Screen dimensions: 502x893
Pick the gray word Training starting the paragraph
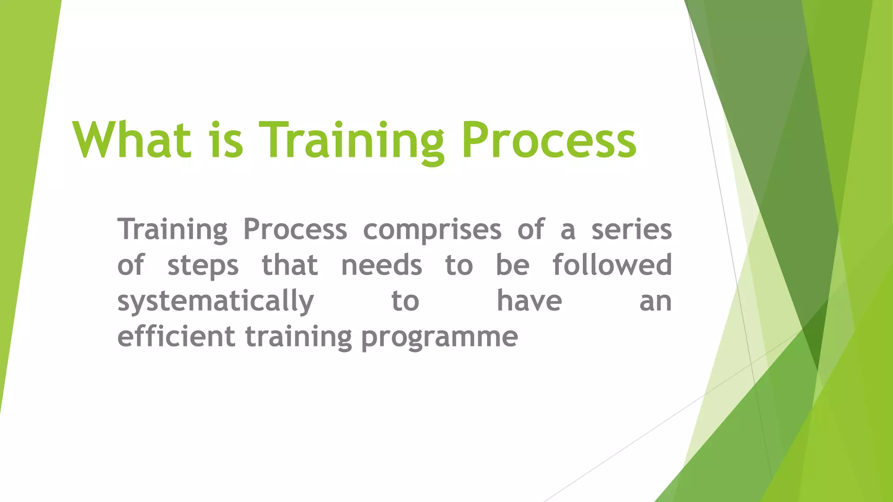pos(172,229)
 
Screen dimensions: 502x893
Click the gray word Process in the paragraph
pos(295,229)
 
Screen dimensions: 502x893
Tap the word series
pos(631,229)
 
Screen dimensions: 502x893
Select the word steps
pos(203,266)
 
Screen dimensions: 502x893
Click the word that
pos(290,265)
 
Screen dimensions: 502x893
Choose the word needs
pos(382,265)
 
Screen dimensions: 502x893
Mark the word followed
pos(612,265)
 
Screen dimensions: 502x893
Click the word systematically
pos(215,302)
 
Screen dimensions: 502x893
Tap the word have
pos(529,301)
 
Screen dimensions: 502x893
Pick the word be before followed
pos(513,265)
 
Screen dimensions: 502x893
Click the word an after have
pos(655,302)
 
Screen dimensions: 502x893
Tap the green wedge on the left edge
pos(22,174)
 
